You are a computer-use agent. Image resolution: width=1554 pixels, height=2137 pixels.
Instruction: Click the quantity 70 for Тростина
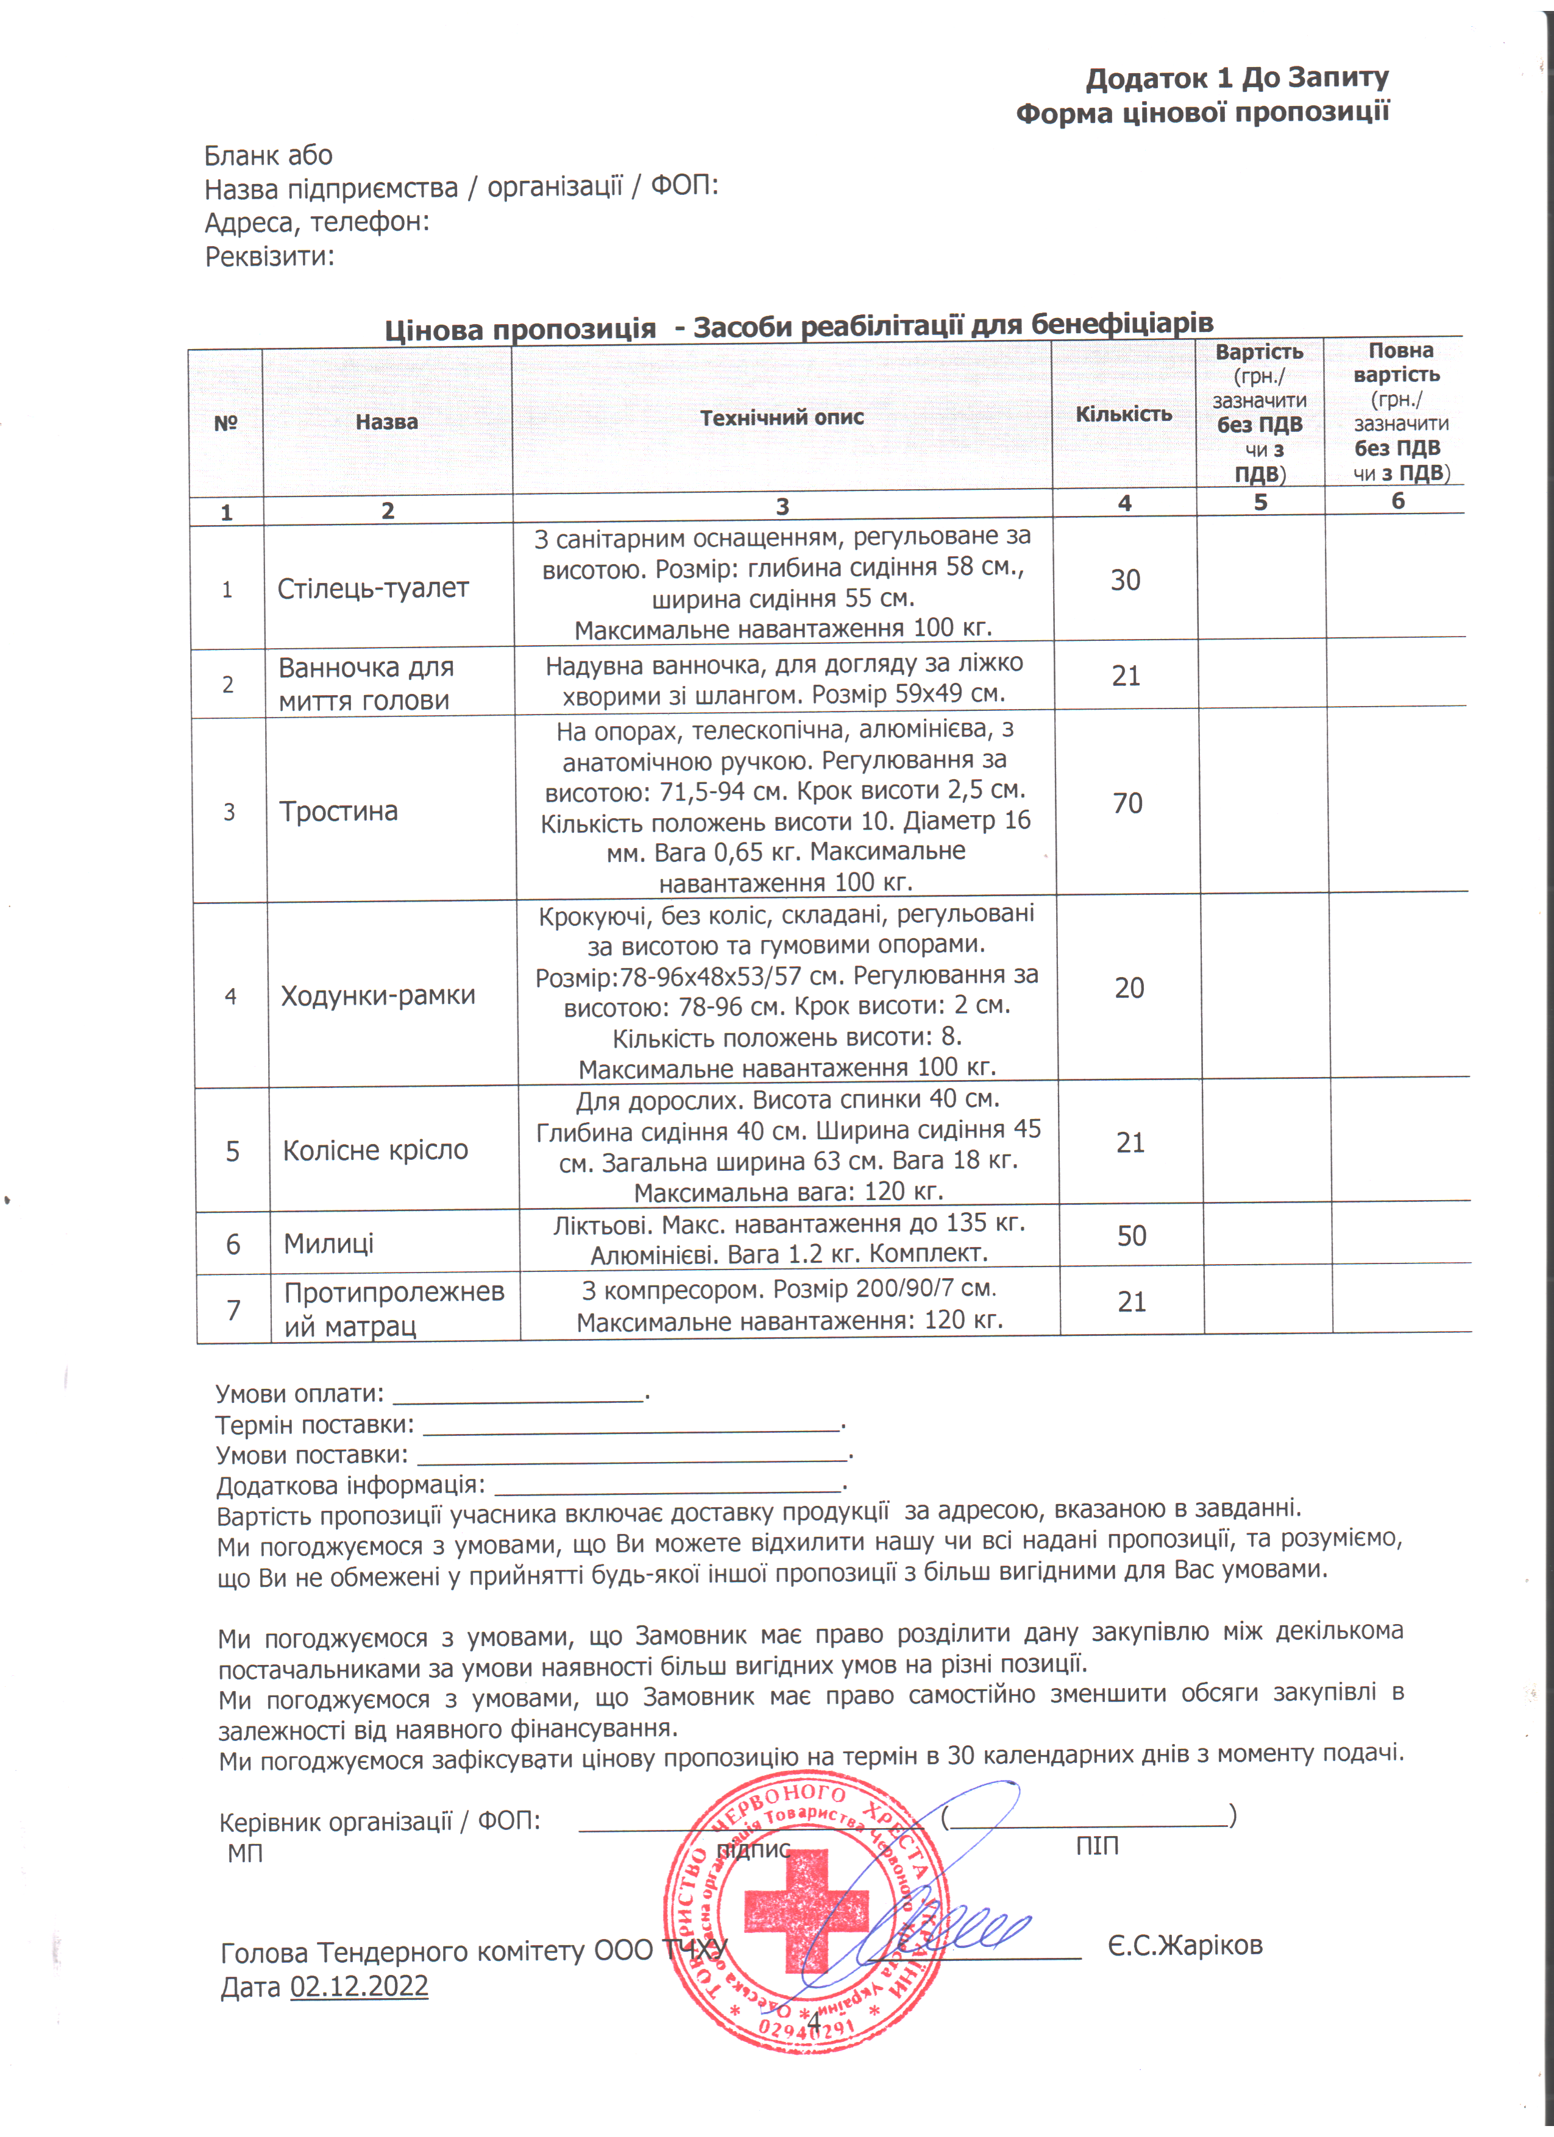[x=1127, y=804]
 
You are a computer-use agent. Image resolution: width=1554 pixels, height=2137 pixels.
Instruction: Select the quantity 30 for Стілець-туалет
[x=1125, y=581]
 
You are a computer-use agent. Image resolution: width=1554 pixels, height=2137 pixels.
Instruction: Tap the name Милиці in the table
[x=329, y=1244]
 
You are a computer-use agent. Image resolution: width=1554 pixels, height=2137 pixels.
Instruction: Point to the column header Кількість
[x=1123, y=414]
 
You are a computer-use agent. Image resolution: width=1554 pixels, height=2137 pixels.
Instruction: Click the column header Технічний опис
[x=781, y=417]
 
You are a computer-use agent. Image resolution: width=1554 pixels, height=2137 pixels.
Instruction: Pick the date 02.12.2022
[x=359, y=1987]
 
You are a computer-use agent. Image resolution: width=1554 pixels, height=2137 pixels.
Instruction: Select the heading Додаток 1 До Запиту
[x=1237, y=78]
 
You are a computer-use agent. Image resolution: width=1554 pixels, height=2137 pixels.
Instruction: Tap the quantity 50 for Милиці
[x=1131, y=1236]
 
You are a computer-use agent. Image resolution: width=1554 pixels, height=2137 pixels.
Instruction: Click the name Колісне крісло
[x=375, y=1151]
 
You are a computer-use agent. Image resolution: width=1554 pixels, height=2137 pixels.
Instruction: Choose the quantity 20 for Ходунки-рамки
[x=1129, y=989]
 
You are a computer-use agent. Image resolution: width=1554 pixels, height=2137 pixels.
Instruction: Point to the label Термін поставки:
[x=314, y=1425]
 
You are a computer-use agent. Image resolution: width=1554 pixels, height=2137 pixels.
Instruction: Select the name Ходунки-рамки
[x=378, y=996]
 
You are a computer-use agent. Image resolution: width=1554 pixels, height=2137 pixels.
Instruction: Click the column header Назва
[x=386, y=422]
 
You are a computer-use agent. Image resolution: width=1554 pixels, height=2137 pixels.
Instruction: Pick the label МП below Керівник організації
[x=245, y=1853]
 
